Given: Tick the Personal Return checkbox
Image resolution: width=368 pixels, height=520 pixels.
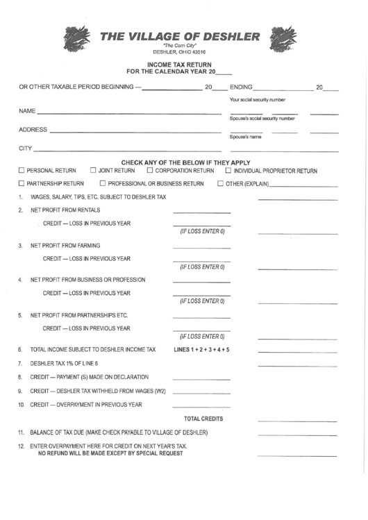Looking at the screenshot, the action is point(22,170).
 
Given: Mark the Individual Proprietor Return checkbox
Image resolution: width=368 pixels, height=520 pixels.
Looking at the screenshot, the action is point(228,170).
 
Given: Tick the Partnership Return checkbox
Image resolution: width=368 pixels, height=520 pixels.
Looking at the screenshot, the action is point(22,184).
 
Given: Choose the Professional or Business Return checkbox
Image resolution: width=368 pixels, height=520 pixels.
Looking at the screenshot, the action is point(103,184).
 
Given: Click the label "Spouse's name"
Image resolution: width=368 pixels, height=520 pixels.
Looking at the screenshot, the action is point(243,137).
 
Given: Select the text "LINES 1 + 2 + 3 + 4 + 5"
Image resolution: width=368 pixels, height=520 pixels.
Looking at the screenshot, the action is point(202,349).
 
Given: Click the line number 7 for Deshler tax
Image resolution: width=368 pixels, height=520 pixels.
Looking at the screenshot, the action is point(20,363).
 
